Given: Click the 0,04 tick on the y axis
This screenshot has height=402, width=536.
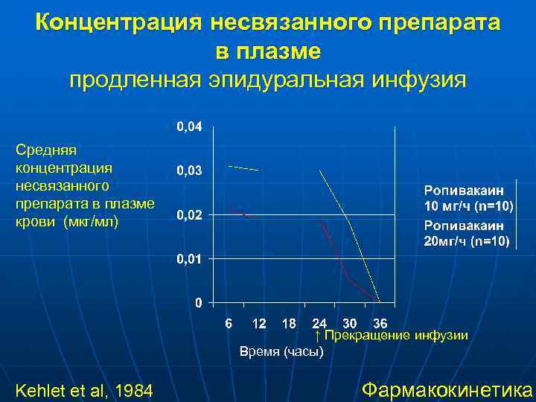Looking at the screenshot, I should click(x=188, y=127).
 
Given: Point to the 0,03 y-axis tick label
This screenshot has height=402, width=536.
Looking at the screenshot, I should click(x=188, y=171).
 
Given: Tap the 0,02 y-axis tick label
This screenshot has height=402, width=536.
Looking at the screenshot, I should click(x=188, y=215).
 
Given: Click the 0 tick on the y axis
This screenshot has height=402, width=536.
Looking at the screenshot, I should click(x=198, y=303).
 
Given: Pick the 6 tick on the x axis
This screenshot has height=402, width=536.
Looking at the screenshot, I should click(x=229, y=323).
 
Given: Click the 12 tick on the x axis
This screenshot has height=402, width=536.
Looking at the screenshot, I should click(x=259, y=323).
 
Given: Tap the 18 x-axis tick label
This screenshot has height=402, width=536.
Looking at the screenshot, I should click(x=289, y=323).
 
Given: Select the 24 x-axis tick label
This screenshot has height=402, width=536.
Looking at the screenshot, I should click(x=319, y=323).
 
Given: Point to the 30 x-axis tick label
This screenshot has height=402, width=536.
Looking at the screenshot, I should click(x=350, y=323).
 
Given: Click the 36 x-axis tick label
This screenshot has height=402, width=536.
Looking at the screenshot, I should click(x=380, y=323).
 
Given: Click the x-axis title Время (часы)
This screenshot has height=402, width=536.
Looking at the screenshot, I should click(x=281, y=352).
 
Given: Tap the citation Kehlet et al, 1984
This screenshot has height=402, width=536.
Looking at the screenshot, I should click(x=84, y=389).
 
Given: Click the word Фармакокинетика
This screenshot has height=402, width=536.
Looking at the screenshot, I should click(x=447, y=389).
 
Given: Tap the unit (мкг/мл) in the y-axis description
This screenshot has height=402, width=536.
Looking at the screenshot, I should click(x=91, y=221).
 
